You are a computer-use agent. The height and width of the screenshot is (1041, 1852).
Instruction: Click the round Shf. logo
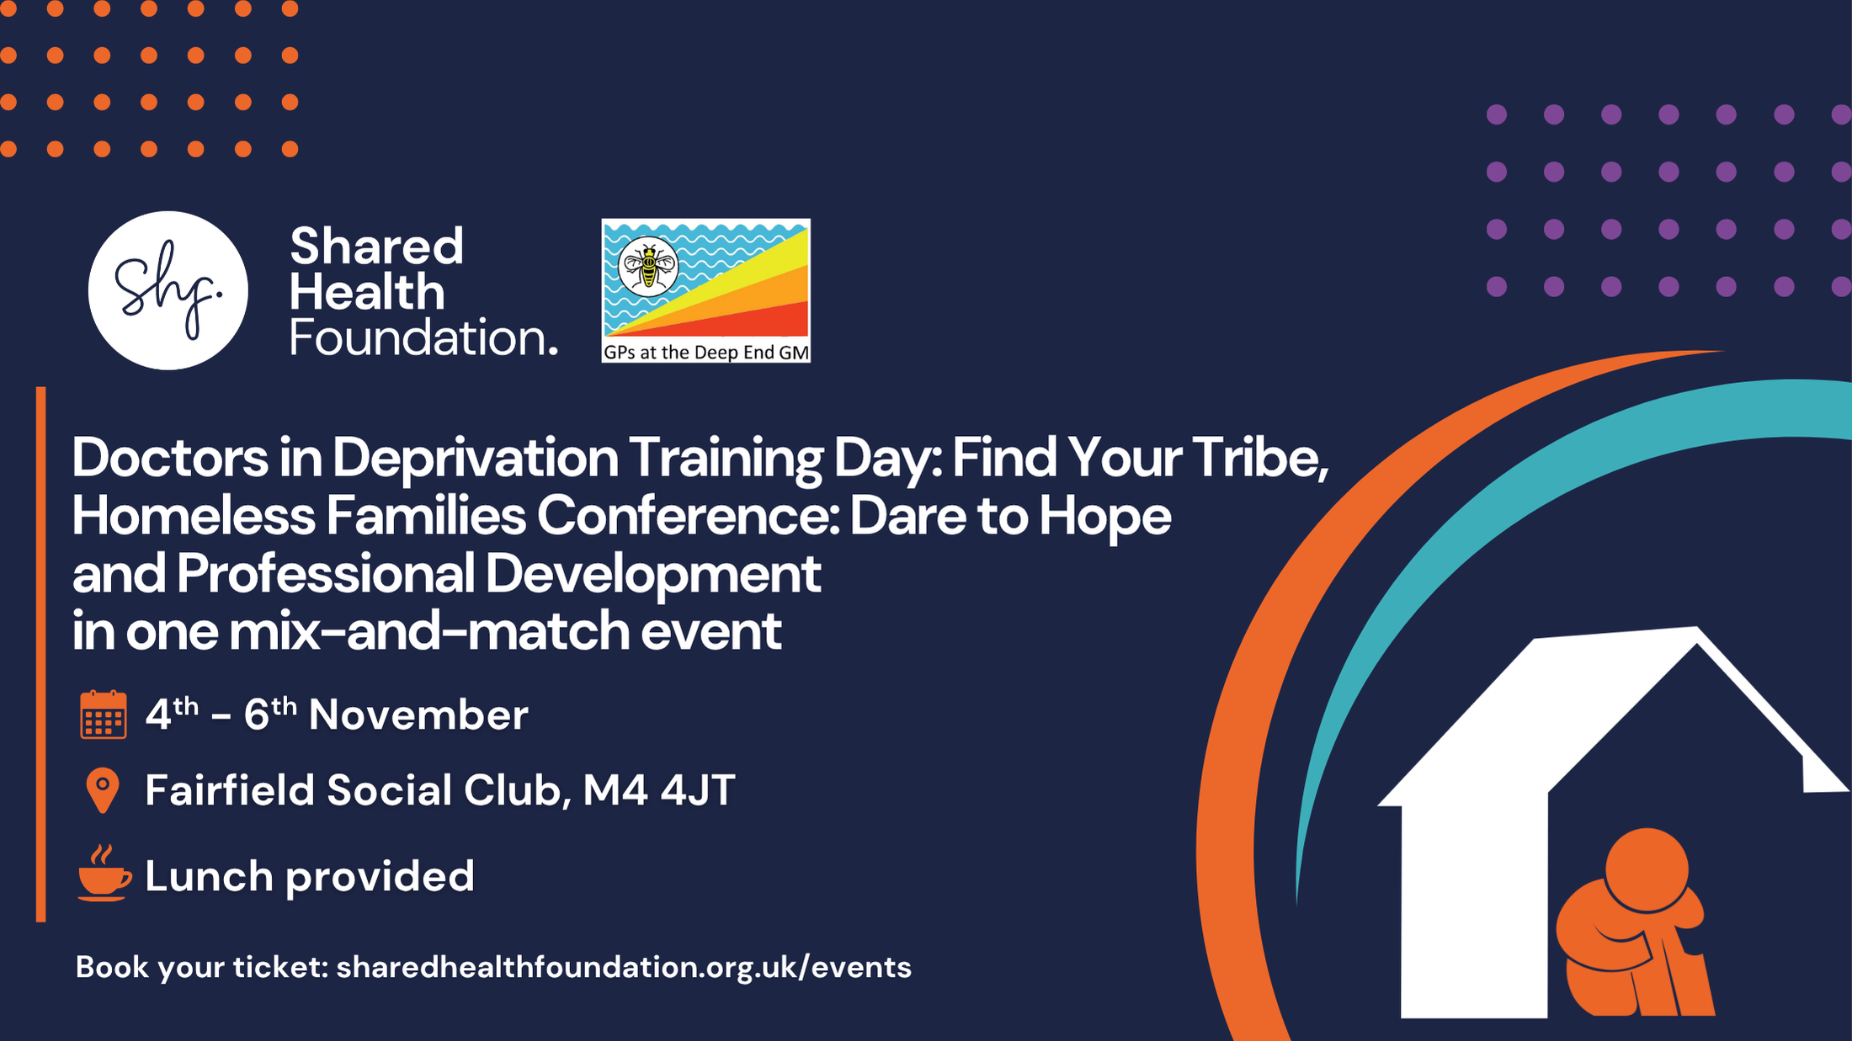coord(168,290)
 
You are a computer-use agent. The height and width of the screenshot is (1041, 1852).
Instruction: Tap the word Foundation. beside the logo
coord(423,337)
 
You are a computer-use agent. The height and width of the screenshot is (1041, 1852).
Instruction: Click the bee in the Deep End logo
coord(648,265)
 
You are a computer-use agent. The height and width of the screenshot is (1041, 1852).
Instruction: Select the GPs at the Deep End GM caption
coord(706,353)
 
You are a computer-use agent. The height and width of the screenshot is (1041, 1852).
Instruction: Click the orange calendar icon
coord(104,714)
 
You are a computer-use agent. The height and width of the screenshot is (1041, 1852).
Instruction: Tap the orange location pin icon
coord(103,790)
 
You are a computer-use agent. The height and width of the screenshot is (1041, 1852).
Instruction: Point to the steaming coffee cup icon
coord(104,873)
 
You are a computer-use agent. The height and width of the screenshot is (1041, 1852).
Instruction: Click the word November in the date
coord(418,715)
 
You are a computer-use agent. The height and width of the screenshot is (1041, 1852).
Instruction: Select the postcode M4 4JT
coord(659,790)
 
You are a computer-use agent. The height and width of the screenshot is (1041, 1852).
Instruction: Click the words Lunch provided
coord(310,877)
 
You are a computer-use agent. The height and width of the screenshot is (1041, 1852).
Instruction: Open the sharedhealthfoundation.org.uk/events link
coord(624,967)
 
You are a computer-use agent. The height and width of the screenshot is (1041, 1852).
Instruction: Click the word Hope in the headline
coord(1104,517)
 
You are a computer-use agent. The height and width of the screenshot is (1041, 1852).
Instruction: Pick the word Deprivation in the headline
coord(476,459)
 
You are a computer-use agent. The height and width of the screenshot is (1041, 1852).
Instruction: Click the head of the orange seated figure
coord(1647,870)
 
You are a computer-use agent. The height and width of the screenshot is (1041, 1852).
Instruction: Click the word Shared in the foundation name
coord(376,247)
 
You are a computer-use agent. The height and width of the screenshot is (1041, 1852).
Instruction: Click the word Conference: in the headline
coord(689,516)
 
